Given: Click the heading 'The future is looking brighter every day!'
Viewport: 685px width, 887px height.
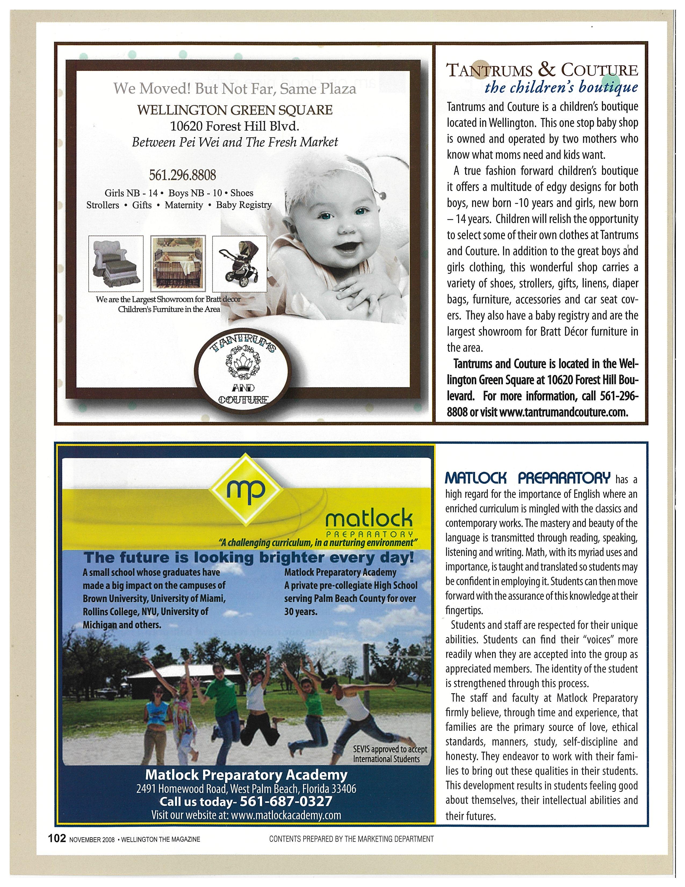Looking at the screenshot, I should click(248, 558).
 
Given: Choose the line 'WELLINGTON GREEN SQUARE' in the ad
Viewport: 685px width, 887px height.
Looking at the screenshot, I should click(235, 110).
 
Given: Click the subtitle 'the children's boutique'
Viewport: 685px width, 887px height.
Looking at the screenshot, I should click(561, 88).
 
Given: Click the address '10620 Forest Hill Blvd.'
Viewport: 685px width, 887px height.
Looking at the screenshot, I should click(235, 126).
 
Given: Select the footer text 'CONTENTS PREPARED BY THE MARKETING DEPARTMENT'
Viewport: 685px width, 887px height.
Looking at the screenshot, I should click(351, 839).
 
